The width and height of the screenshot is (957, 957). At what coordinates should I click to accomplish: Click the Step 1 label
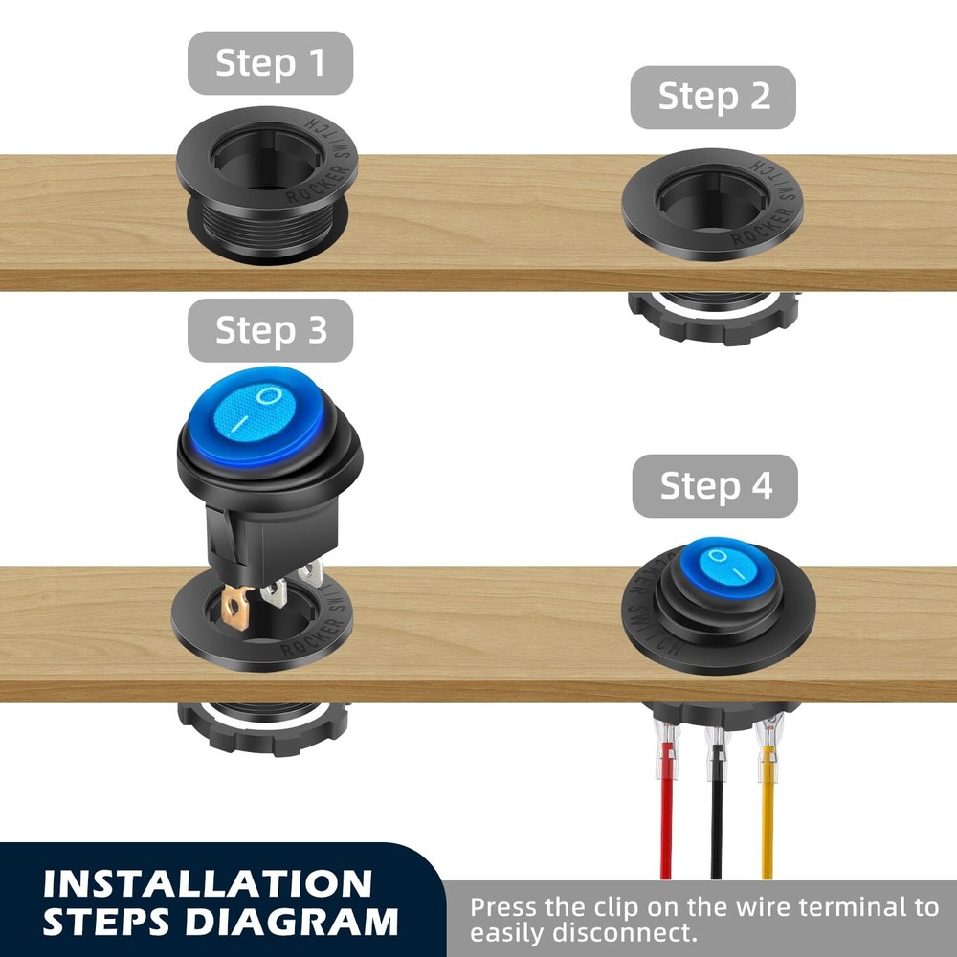point(271,63)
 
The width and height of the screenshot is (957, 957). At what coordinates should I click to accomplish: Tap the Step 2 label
point(713,97)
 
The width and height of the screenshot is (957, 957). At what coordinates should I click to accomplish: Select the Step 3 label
point(271,330)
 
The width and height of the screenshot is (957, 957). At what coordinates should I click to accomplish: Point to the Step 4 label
point(715,486)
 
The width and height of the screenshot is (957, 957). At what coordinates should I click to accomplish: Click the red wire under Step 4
point(666,823)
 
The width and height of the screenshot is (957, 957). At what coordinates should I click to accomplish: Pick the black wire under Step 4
point(716,823)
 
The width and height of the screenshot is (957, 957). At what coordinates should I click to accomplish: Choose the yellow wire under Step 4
point(767,823)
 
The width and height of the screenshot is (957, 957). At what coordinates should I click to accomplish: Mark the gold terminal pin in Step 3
point(236,609)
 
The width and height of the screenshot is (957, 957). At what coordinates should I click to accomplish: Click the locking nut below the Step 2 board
point(713,317)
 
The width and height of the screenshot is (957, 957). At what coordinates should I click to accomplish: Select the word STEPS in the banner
point(106,922)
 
